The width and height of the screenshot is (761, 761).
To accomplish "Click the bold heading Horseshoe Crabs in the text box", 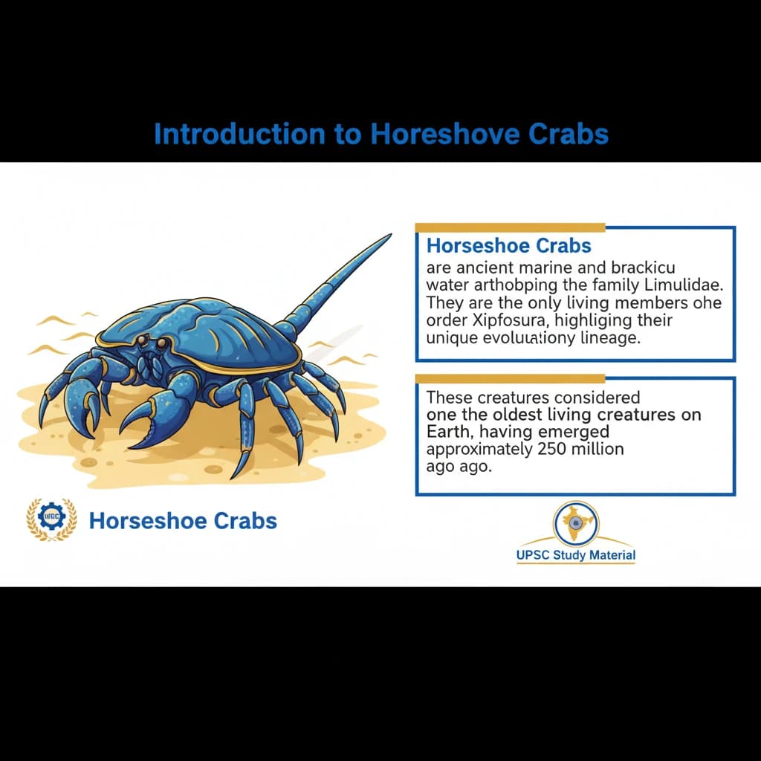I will [x=509, y=245].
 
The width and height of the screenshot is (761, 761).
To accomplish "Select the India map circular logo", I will [x=575, y=523].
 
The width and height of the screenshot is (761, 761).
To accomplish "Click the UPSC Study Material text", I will [x=575, y=555].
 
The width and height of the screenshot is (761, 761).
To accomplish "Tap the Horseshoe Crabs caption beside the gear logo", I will [x=183, y=520].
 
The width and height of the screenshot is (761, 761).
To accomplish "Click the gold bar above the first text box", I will [x=510, y=227].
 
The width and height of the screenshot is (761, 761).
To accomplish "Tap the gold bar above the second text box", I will [x=510, y=378].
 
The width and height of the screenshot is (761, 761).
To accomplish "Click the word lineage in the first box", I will [x=618, y=338].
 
